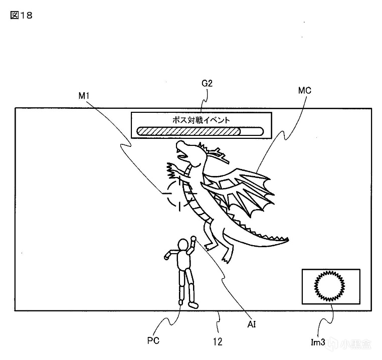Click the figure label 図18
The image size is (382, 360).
21,15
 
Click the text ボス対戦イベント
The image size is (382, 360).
202,120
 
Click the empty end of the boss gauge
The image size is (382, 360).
252,131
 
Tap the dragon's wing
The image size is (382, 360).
246,188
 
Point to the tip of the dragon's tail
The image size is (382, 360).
287,239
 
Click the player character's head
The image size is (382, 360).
183,245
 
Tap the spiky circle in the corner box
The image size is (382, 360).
330,286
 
